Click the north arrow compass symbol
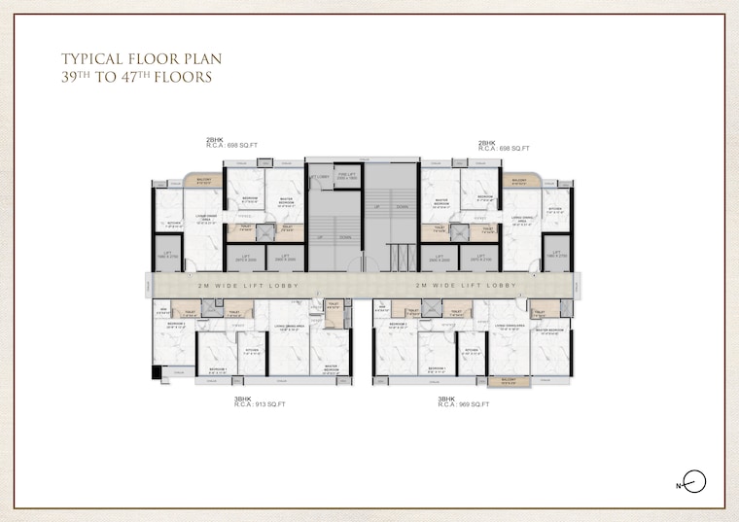click(x=694, y=481)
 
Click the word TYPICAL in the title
click(x=92, y=57)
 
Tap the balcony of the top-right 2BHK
click(x=519, y=181)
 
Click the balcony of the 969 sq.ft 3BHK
click(x=509, y=380)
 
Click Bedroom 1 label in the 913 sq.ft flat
click(x=216, y=369)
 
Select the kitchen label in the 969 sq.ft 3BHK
click(x=472, y=351)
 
